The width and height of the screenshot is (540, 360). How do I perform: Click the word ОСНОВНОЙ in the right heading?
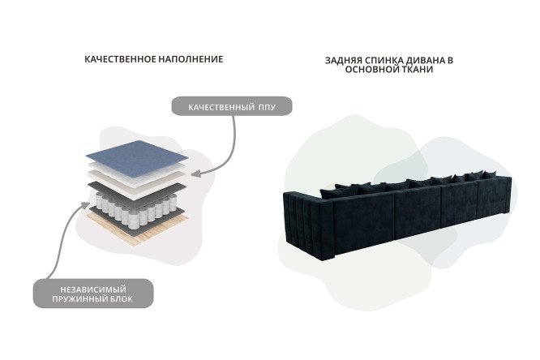pyautogui.click(x=368, y=70)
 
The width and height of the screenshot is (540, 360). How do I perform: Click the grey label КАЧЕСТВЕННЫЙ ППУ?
pyautogui.click(x=232, y=106)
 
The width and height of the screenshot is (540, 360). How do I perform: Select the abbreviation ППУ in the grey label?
pyautogui.click(x=268, y=107)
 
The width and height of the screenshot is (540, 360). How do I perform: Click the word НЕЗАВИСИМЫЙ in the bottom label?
pyautogui.click(x=93, y=289)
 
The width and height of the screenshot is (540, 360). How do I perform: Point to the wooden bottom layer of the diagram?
pyautogui.click(x=138, y=227)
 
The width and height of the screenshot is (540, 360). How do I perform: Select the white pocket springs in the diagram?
pyautogui.click(x=136, y=209)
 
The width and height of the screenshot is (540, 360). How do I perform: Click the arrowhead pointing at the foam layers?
pyautogui.click(x=195, y=174)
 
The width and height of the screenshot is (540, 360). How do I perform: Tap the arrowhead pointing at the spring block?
pyautogui.click(x=84, y=205)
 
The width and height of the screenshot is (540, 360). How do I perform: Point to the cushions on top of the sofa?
pyautogui.click(x=409, y=183)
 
